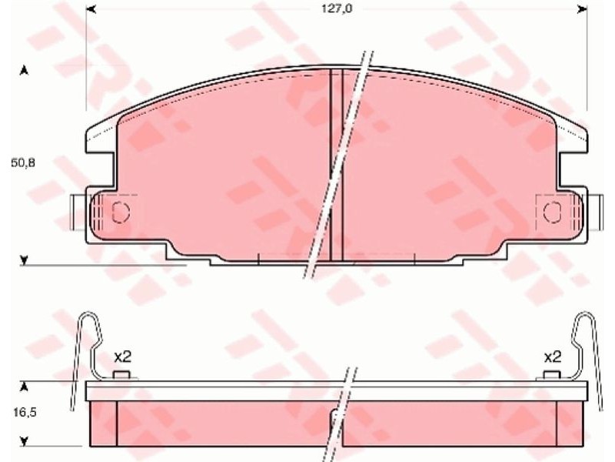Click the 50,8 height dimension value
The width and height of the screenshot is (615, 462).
pos(23,162)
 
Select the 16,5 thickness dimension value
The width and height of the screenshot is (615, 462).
pos(25,413)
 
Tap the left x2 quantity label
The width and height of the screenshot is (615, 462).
pos(122,357)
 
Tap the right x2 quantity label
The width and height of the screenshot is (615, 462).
pos(553,357)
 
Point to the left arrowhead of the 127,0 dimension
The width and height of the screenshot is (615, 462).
pos(91,8)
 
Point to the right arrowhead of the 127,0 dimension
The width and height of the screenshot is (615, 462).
pos(583,8)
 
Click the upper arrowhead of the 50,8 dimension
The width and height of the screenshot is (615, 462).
pos(25,71)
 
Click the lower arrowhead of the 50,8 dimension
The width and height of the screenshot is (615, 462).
pos(25,260)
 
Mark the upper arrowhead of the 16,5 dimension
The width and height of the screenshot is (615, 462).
pos(25,387)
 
